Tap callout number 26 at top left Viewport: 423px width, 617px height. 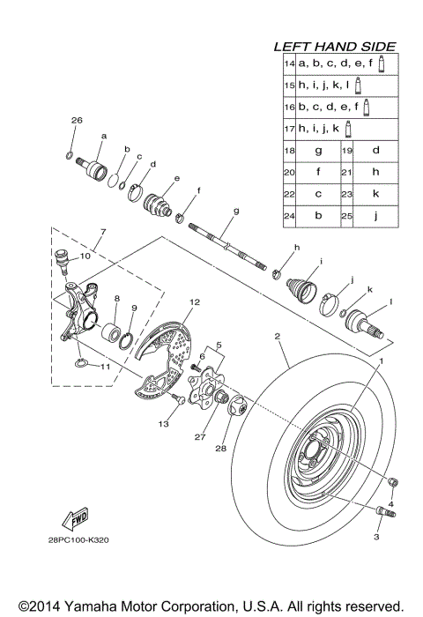tap(76, 119)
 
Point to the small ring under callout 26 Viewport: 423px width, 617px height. tap(70, 155)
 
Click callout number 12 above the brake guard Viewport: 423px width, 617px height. tap(194, 302)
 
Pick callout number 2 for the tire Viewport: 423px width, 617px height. tap(277, 337)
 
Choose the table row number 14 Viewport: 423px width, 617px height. tap(288, 64)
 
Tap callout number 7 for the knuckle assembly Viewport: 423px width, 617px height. tap(102, 232)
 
